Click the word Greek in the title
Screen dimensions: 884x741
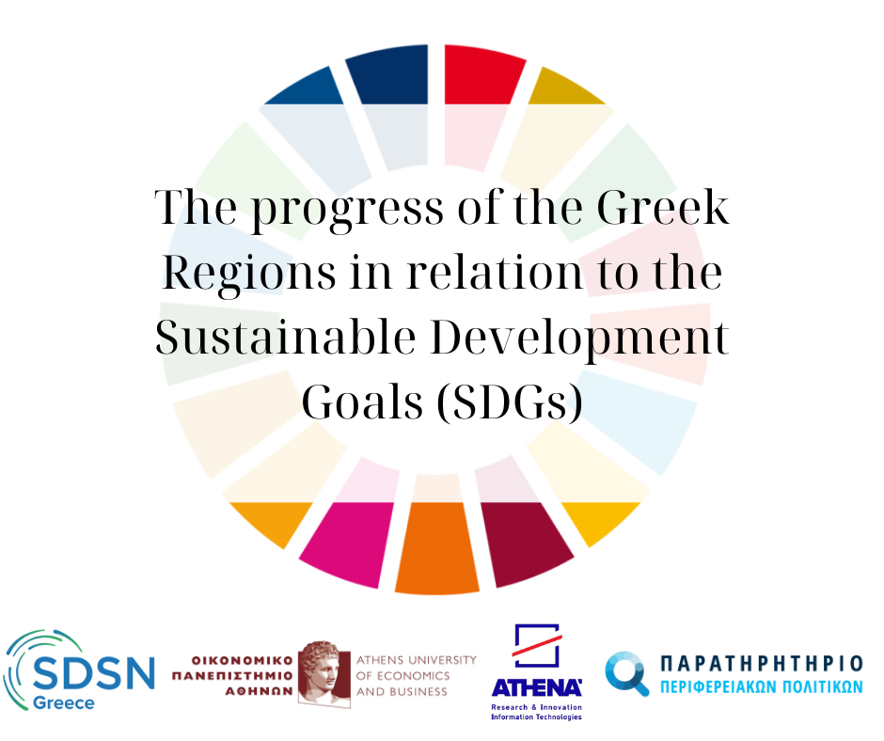point(663,207)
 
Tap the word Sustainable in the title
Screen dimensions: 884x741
point(286,337)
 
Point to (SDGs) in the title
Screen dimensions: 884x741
point(510,402)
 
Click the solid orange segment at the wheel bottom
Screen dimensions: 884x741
point(437,547)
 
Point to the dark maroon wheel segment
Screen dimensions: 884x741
point(527,542)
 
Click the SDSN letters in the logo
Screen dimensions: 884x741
point(94,672)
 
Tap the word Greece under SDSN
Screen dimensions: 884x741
point(64,703)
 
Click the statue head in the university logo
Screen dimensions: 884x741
point(324,672)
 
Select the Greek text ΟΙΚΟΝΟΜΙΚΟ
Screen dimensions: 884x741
point(243,660)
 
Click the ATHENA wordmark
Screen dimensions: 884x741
point(537,687)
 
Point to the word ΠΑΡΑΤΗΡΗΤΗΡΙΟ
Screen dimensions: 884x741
point(762,664)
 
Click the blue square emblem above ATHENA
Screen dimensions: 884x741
point(536,645)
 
